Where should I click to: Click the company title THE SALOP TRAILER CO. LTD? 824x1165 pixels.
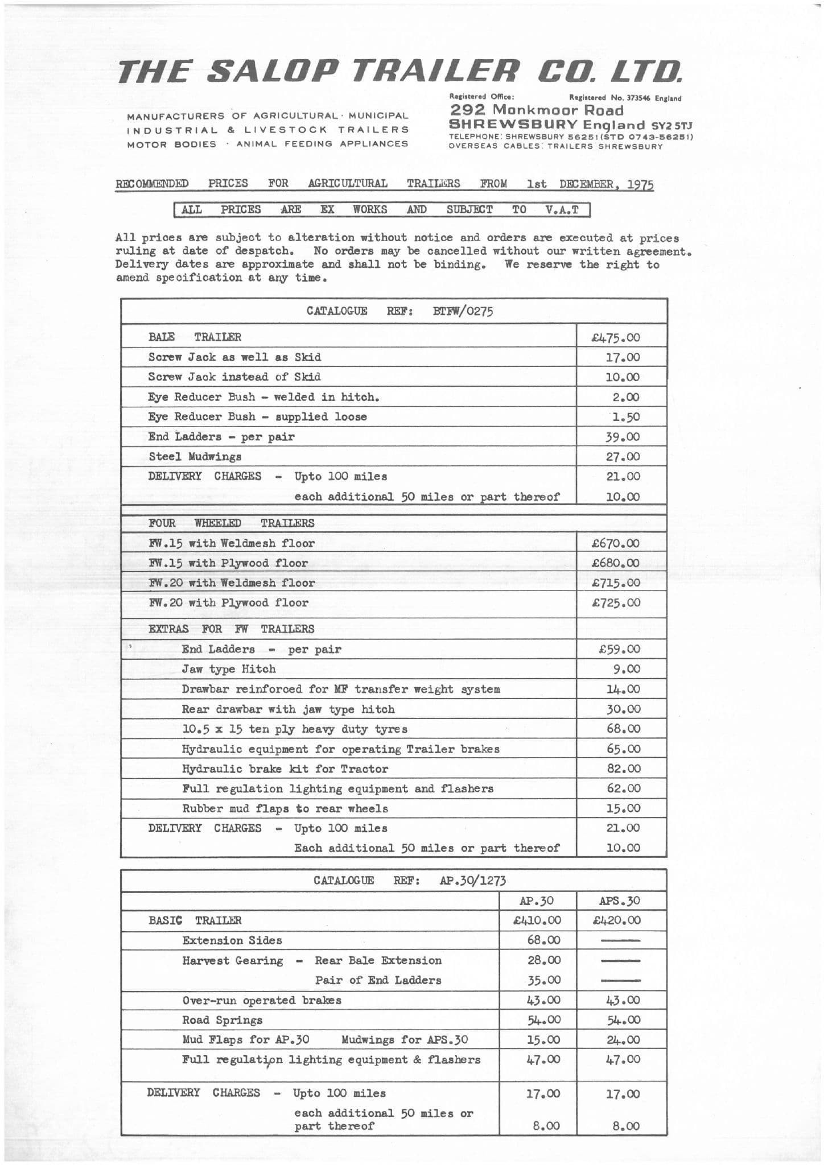coord(400,72)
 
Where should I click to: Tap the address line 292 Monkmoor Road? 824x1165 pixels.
coord(537,110)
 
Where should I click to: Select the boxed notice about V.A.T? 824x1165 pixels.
coord(381,210)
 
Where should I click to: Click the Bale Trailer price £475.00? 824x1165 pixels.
coord(616,337)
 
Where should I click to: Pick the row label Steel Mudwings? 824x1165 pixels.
coord(195,456)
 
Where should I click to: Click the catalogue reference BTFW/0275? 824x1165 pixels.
coord(463,311)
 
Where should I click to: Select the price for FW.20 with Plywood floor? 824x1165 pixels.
coord(616,602)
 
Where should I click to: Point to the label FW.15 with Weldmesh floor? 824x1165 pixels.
coord(231,543)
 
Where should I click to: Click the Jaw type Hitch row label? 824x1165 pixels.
coord(229,669)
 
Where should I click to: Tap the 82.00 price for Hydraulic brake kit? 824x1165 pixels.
coord(624,769)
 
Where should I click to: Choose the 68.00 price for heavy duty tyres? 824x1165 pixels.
coord(624,729)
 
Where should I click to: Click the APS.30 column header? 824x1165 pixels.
coord(620,901)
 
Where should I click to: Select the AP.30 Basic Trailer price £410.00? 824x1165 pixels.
coord(537,920)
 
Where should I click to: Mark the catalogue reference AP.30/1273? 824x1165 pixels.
coord(472,881)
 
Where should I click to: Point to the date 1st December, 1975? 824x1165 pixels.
coord(590,184)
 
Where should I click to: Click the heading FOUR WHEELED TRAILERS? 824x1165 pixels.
coord(231,523)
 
